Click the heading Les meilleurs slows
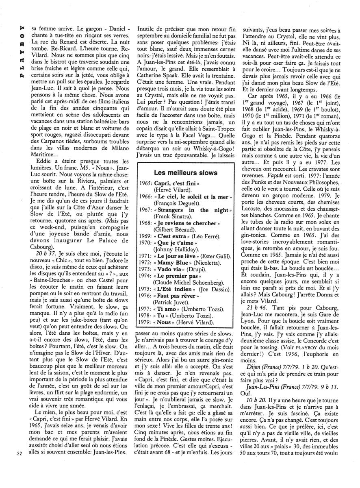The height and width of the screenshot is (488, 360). [x=185, y=172]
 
